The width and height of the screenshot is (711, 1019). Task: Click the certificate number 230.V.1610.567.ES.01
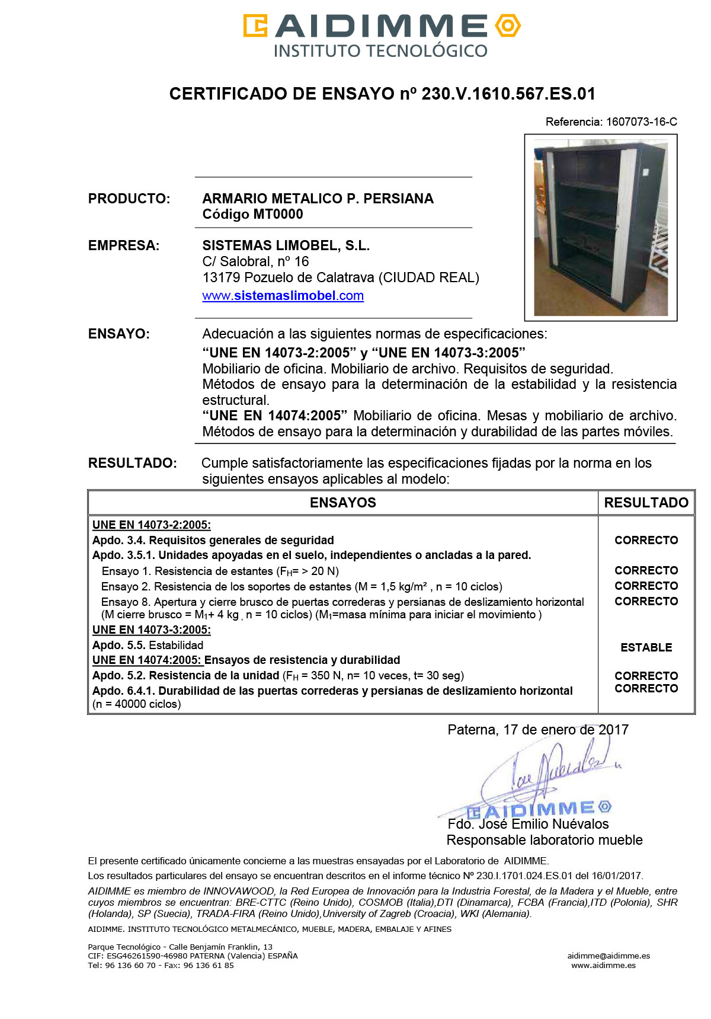(x=508, y=94)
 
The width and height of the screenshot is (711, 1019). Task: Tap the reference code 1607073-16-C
(x=641, y=122)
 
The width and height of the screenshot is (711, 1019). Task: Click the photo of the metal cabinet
(x=600, y=228)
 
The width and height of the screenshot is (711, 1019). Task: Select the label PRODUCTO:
(x=129, y=199)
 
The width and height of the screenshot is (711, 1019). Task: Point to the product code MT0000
(x=278, y=215)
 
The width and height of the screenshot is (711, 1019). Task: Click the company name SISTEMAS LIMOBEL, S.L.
(x=286, y=245)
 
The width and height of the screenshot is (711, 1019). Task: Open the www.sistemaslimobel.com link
(x=283, y=296)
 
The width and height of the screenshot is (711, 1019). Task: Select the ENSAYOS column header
(x=342, y=503)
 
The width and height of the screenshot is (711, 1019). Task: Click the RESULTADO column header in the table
(x=646, y=503)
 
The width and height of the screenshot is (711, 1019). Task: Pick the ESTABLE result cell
(x=646, y=647)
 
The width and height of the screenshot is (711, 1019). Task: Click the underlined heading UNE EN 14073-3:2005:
(x=151, y=630)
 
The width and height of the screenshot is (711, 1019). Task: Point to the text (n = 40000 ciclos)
(x=137, y=704)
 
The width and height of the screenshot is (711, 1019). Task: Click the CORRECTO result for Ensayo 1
(x=646, y=570)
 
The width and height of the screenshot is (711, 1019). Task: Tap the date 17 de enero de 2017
(x=565, y=730)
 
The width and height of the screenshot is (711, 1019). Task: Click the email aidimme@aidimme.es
(x=608, y=956)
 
